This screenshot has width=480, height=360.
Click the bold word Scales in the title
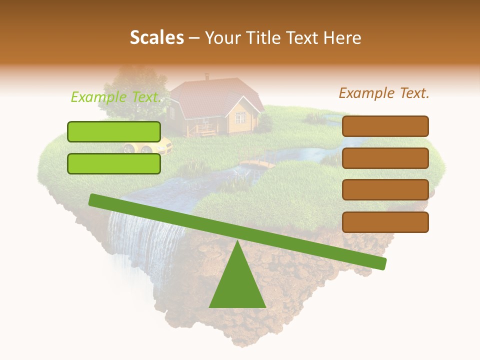click(x=157, y=38)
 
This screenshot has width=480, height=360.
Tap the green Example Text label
click(x=116, y=97)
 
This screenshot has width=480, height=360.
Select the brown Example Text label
click(x=384, y=93)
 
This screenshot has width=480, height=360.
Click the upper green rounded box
click(x=114, y=131)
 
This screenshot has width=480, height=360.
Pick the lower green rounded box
click(x=114, y=163)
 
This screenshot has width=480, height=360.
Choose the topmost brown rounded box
click(x=385, y=126)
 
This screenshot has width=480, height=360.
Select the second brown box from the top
click(x=385, y=158)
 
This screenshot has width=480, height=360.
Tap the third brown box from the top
click(x=385, y=190)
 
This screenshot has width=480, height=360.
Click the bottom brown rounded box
click(x=385, y=222)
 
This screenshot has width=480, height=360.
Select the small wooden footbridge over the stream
click(x=257, y=163)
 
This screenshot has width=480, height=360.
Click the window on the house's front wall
click(x=240, y=118)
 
